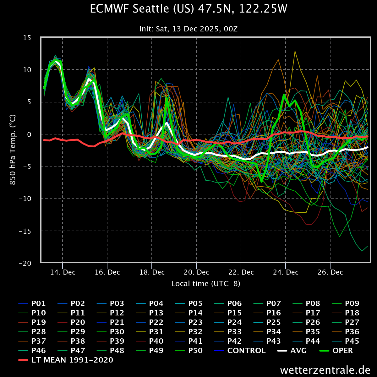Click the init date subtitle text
(188, 29)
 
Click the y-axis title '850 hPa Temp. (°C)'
(13, 150)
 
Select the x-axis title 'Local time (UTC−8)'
(206, 284)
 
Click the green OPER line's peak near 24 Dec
(284, 95)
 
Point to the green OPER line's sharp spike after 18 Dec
(167, 98)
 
